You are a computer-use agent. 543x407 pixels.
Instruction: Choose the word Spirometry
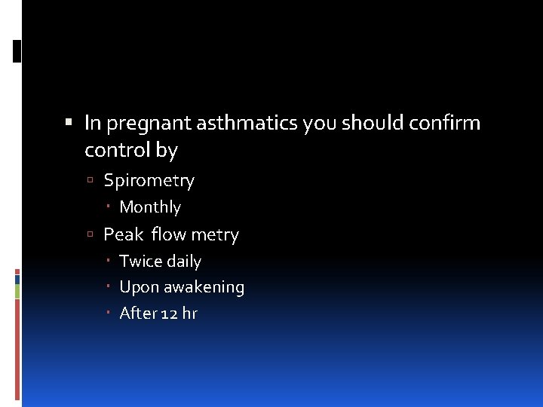click(149, 181)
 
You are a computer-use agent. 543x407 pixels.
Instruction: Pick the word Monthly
click(150, 207)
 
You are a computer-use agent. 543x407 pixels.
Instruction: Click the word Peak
click(123, 235)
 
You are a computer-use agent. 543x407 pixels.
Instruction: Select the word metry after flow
click(214, 235)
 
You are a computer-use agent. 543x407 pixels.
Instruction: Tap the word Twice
click(140, 262)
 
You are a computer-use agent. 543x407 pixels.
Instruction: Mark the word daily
click(183, 262)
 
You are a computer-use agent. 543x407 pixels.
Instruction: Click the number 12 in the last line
click(169, 314)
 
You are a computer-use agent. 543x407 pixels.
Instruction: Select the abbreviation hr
click(189, 314)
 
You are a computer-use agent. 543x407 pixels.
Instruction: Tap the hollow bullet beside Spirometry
click(90, 181)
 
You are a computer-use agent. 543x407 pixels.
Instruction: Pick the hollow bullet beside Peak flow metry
click(90, 235)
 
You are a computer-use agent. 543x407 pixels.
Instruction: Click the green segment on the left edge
click(17, 291)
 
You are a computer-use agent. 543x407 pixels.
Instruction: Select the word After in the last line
click(138, 314)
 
